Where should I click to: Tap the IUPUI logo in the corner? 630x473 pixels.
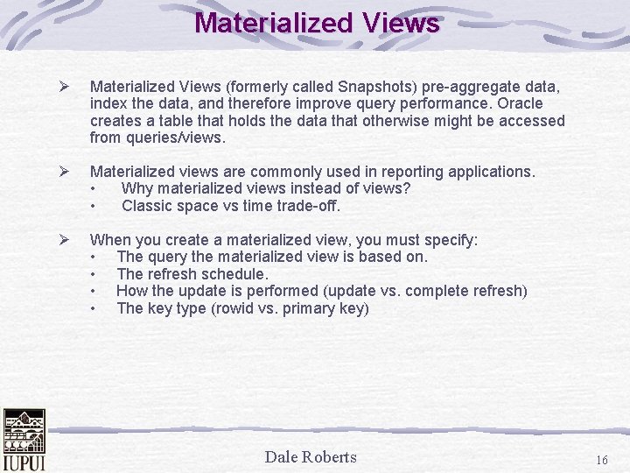click(24, 439)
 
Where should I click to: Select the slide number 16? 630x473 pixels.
click(601, 460)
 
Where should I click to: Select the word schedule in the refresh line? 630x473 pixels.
click(234, 274)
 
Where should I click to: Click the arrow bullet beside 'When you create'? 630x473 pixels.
click(62, 240)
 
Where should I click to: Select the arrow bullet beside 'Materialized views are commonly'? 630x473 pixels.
click(62, 172)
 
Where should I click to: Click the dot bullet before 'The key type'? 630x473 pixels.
click(93, 308)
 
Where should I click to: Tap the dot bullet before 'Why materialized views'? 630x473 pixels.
click(93, 189)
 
